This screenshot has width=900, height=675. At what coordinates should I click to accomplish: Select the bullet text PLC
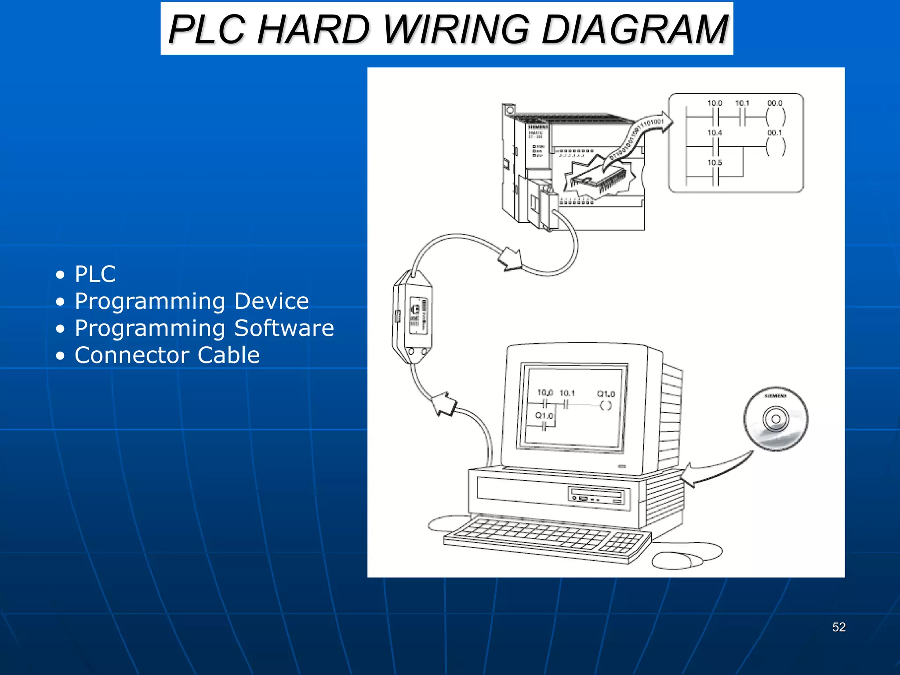point(95,274)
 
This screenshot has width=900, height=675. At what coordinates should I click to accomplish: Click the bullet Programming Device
point(192,301)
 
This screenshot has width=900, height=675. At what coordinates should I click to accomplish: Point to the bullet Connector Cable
point(167,355)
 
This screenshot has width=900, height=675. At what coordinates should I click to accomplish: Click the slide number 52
point(838,627)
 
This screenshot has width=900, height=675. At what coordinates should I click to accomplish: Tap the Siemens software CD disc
point(776,419)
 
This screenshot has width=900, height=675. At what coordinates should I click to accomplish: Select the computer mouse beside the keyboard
point(672,560)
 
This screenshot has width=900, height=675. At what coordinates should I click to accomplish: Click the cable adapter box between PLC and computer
point(412,316)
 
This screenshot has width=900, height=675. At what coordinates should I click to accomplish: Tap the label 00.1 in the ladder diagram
point(774,133)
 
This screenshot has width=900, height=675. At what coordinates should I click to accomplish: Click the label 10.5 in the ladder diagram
point(715,163)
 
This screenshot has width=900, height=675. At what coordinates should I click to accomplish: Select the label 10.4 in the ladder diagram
point(715,133)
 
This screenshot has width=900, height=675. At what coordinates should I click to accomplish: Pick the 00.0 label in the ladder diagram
point(774,103)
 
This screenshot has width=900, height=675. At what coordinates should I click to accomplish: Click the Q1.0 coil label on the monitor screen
point(606,394)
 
